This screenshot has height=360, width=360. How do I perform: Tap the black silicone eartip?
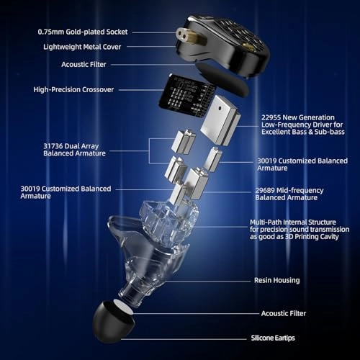[x=113, y=322]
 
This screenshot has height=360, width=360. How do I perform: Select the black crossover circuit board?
[x=186, y=96]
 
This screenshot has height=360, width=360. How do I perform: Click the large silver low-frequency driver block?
[x=220, y=120]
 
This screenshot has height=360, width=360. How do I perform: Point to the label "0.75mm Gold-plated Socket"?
[x=83, y=32]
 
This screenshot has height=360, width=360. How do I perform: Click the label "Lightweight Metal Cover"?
[x=82, y=47]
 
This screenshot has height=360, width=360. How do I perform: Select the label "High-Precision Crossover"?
[x=73, y=89]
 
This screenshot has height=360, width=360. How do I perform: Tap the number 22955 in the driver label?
[x=271, y=117]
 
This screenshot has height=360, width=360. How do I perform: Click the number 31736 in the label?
[x=53, y=146]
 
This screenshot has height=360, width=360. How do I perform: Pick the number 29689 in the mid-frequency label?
[x=265, y=190]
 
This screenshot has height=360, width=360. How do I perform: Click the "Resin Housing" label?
[x=277, y=280]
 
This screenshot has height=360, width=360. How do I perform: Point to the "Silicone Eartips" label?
[x=273, y=338]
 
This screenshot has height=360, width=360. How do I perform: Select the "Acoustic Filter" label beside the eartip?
[x=284, y=313]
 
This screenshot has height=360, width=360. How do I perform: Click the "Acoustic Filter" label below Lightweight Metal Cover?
[x=84, y=64]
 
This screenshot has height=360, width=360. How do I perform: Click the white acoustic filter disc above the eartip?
[x=123, y=307]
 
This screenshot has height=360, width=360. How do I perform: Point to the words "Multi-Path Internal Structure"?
[x=293, y=222]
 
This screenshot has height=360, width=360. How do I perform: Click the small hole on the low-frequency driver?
[x=220, y=108]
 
